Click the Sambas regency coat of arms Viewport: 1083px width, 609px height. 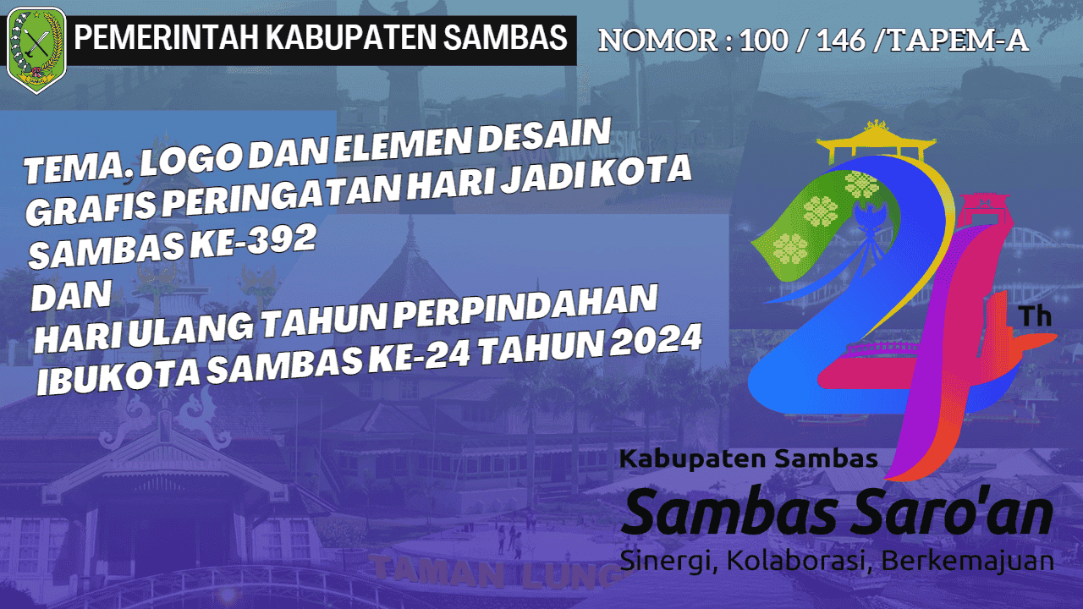(36, 49)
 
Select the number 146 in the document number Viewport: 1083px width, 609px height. (841, 41)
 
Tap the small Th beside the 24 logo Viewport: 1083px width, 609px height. (1035, 316)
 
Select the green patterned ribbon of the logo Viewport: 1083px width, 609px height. (804, 220)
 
